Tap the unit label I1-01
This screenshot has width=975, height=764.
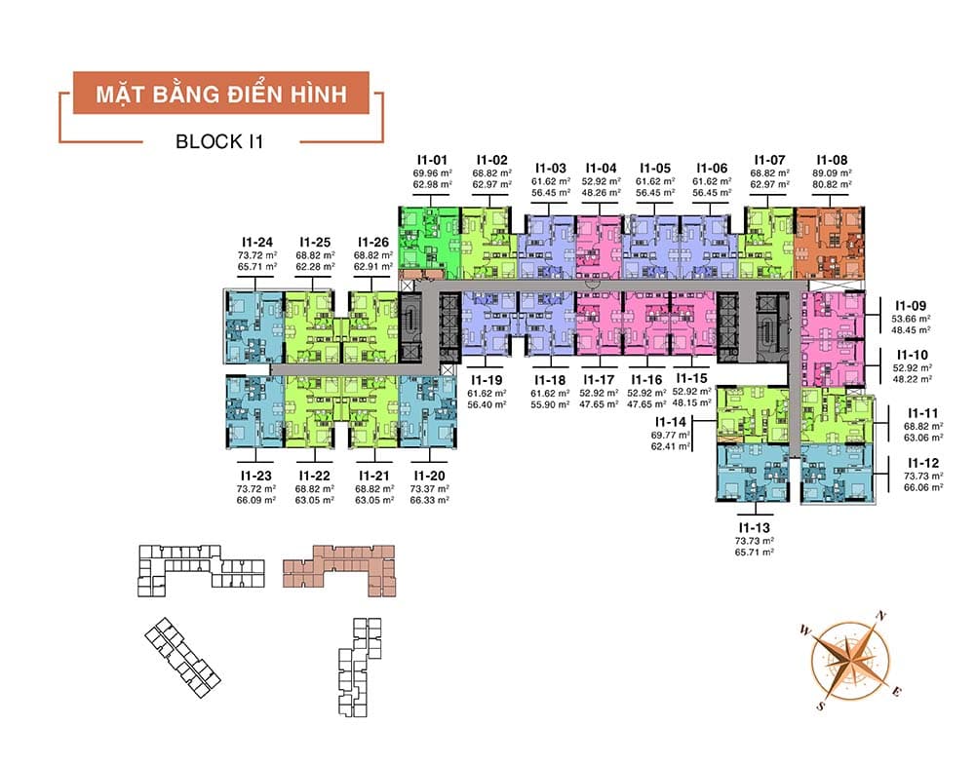432,159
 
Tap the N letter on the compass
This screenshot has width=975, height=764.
881,615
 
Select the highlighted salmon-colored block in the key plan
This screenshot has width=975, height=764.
339,568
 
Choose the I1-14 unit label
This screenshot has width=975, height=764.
672,421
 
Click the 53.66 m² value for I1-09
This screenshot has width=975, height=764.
912,318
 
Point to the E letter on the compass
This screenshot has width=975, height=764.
898,691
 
